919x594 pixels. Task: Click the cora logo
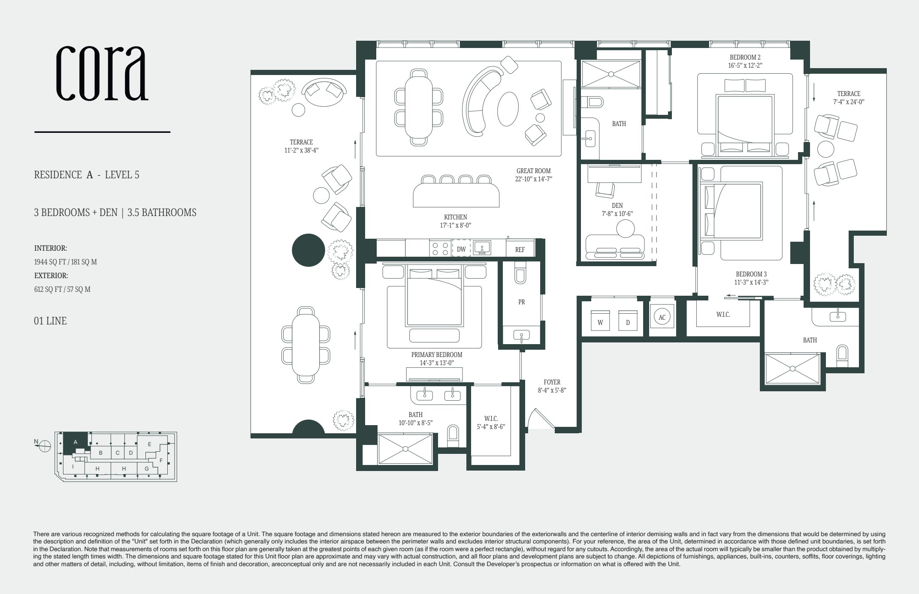pyautogui.click(x=102, y=73)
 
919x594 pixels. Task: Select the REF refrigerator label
pyautogui.click(x=520, y=249)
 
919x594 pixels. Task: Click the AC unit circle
pyautogui.click(x=662, y=317)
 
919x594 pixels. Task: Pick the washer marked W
pyautogui.click(x=600, y=321)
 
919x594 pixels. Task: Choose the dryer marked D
pyautogui.click(x=628, y=321)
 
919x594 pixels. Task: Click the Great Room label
pyautogui.click(x=533, y=171)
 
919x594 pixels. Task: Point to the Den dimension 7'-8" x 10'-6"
pyautogui.click(x=617, y=213)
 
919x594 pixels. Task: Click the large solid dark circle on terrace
pyautogui.click(x=308, y=250)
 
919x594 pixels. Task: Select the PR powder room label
pyautogui.click(x=521, y=302)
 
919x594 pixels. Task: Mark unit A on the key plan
pyautogui.click(x=76, y=442)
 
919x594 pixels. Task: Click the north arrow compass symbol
pyautogui.click(x=45, y=446)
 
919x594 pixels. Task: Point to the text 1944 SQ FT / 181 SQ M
pyautogui.click(x=65, y=262)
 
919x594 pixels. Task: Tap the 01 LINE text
pyautogui.click(x=50, y=321)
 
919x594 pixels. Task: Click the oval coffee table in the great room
pyautogui.click(x=508, y=109)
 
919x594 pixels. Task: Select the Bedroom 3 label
pyautogui.click(x=751, y=274)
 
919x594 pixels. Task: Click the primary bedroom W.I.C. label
pyautogui.click(x=491, y=418)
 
